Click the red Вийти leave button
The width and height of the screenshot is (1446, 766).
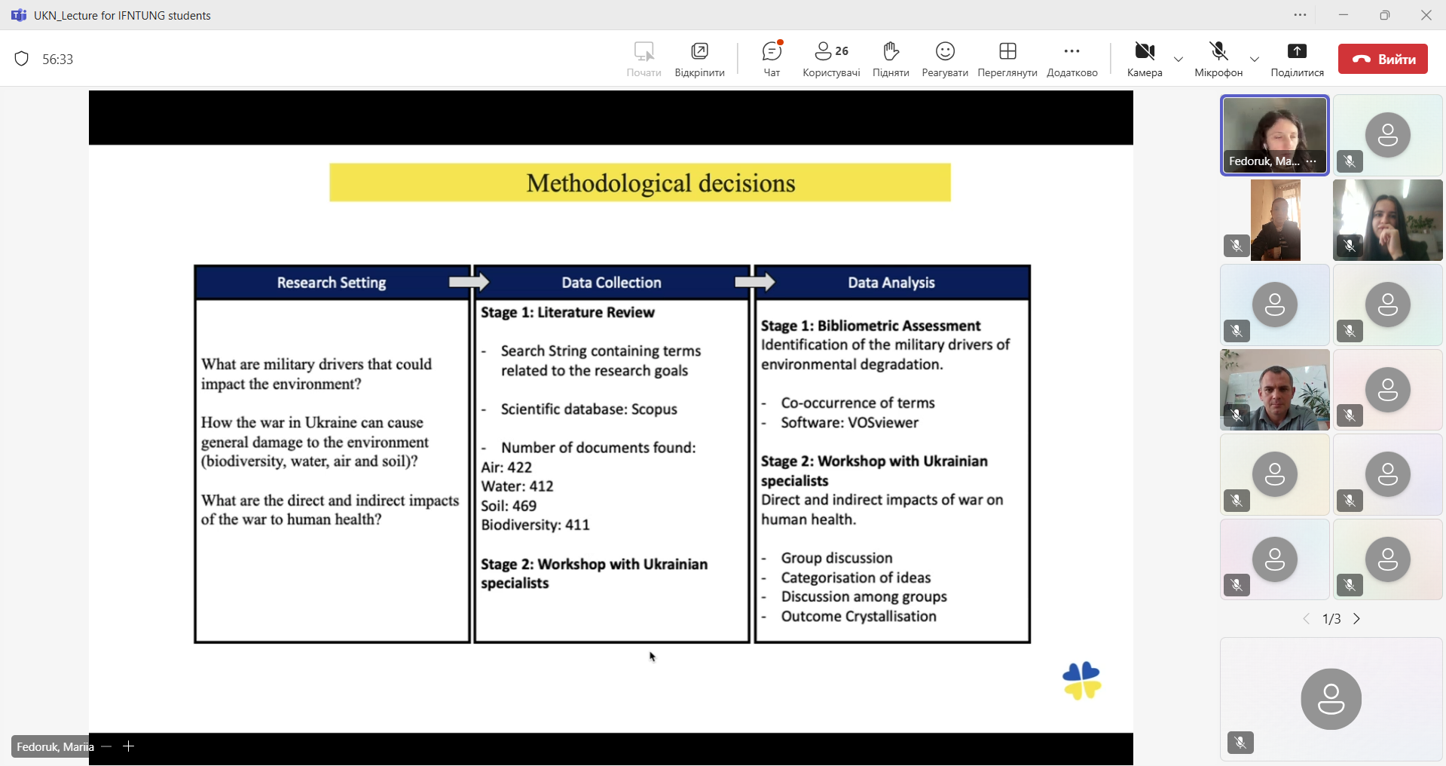coord(1383,59)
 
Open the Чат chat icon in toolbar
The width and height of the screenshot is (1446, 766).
coord(772,51)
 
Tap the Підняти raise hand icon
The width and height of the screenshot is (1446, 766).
coord(891,51)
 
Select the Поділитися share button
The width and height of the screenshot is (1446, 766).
coord(1297,51)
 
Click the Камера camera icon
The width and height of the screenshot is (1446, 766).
coord(1145,51)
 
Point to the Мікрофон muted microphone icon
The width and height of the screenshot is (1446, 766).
coord(1218,51)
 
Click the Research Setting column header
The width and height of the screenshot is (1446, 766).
coord(332,283)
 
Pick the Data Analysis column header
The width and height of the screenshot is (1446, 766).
coord(891,283)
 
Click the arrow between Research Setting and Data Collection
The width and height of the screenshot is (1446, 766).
coord(469,282)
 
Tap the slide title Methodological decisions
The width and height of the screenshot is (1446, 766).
coord(661,183)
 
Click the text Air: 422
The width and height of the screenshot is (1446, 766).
coord(506,467)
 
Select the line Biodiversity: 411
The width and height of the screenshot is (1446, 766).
coord(535,525)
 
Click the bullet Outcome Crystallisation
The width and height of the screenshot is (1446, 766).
coord(859,617)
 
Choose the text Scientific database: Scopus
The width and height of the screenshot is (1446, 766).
coord(589,409)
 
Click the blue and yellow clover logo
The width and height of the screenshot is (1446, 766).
coord(1081,681)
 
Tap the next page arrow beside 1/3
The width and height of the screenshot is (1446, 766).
coord(1357,619)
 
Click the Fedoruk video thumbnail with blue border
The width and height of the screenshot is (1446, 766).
coord(1275,136)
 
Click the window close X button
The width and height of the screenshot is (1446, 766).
coord(1426,15)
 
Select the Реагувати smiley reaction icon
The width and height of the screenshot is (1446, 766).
coord(945,51)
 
